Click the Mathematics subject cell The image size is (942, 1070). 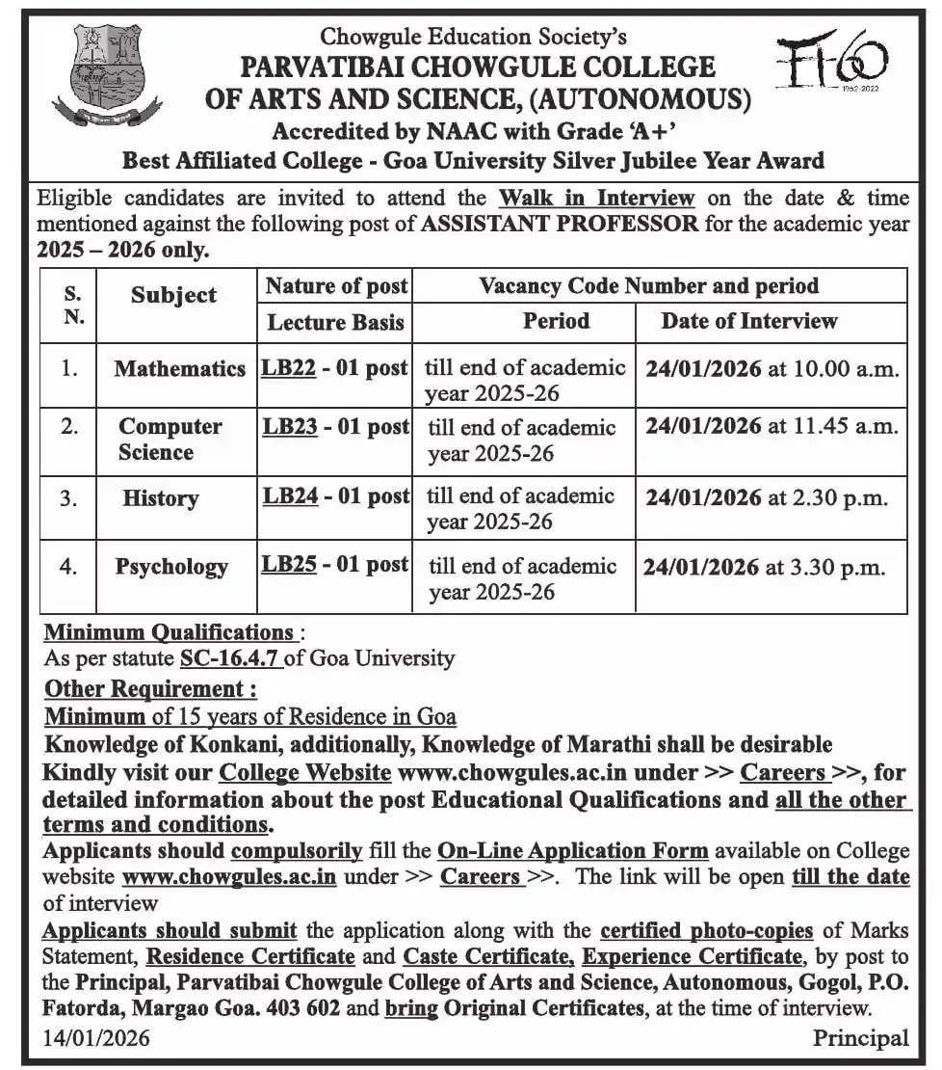(x=179, y=368)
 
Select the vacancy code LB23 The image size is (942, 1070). (x=289, y=426)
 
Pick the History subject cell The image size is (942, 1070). (x=160, y=498)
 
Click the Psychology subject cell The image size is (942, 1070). (x=171, y=566)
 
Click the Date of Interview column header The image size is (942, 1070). (x=748, y=321)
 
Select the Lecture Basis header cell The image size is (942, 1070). (x=335, y=321)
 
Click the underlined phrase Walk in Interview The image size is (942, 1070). (x=596, y=199)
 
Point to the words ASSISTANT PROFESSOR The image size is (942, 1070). (x=559, y=225)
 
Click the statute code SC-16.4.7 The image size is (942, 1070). (x=231, y=659)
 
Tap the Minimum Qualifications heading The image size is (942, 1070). (x=170, y=633)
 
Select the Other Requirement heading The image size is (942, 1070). (x=150, y=689)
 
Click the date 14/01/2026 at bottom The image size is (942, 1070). (x=96, y=1038)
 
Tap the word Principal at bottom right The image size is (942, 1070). (x=860, y=1038)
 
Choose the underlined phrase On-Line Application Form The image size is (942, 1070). (x=572, y=851)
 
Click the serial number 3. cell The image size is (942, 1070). (x=68, y=497)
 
